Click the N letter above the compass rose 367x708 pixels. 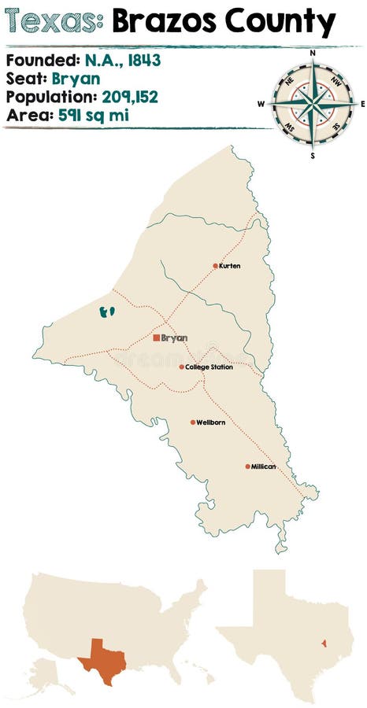(312, 53)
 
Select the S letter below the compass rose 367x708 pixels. (312, 155)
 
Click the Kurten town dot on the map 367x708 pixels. (215, 266)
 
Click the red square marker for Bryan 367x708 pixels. (155, 338)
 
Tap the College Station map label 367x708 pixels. (209, 367)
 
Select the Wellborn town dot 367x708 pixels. (192, 422)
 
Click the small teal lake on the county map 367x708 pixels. (107, 312)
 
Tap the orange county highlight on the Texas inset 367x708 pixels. (323, 643)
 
